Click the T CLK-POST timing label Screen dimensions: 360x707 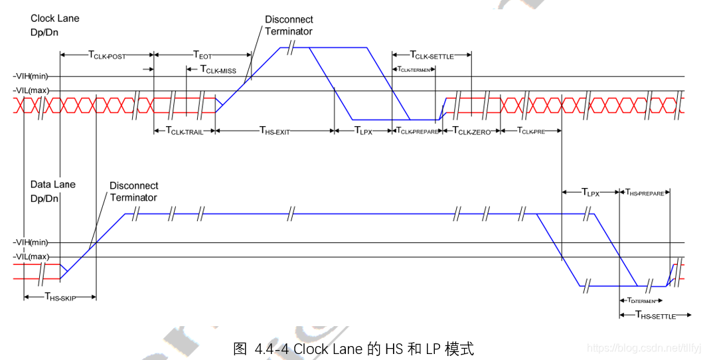(x=107, y=55)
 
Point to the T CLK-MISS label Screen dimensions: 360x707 (x=218, y=70)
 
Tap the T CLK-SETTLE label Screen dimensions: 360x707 (x=432, y=55)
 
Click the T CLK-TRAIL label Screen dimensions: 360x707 (x=184, y=132)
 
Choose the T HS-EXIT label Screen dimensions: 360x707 (x=274, y=132)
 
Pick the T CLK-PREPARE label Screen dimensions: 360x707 (x=418, y=132)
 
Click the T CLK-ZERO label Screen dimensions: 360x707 (x=472, y=132)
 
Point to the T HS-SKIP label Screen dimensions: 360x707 (x=60, y=298)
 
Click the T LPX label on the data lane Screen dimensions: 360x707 (x=590, y=193)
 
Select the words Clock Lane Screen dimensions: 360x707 (x=54, y=18)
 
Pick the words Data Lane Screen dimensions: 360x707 (x=53, y=184)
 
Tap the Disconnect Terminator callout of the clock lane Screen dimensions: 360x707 (x=288, y=25)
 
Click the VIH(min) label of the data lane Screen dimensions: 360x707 (x=30, y=243)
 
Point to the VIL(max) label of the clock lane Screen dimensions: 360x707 (x=30, y=91)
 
